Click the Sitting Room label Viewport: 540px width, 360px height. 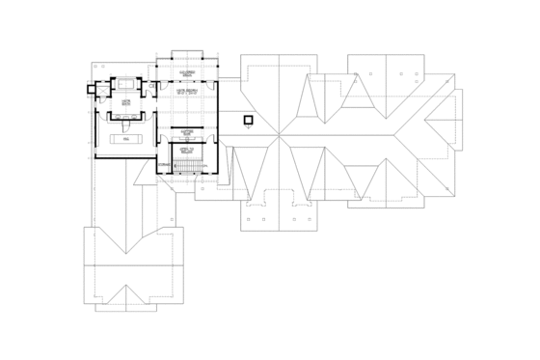[x=186, y=132]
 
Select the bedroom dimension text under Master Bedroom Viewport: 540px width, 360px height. [x=186, y=93]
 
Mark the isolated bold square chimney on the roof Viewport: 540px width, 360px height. [x=248, y=121]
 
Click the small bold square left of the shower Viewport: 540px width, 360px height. [x=91, y=90]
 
